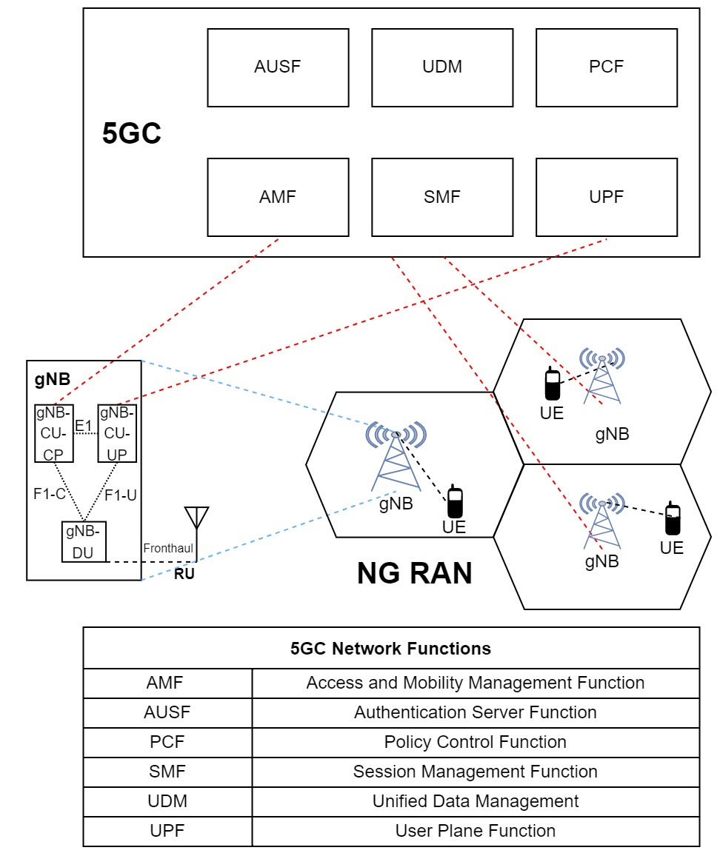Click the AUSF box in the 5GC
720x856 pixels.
pyautogui.click(x=278, y=67)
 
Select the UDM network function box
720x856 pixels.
pyautogui.click(x=441, y=67)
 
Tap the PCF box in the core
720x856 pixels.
pyautogui.click(x=606, y=67)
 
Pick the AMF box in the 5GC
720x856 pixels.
pyautogui.click(x=278, y=197)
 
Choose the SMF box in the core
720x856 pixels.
pyautogui.click(x=441, y=197)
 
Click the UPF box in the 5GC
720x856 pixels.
pyautogui.click(x=606, y=197)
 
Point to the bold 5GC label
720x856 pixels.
pyautogui.click(x=132, y=135)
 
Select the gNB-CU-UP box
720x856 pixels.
pyautogui.click(x=117, y=433)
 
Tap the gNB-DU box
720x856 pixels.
pyautogui.click(x=84, y=542)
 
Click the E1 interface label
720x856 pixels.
pyautogui.click(x=83, y=425)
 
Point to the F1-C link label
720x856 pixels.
pyautogui.click(x=49, y=494)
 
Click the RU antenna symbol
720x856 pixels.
pyautogui.click(x=196, y=518)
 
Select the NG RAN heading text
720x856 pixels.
pyautogui.click(x=414, y=573)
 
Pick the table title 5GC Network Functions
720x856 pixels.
pyautogui.click(x=390, y=649)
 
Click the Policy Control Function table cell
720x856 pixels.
pyautogui.click(x=475, y=742)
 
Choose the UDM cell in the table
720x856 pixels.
pyautogui.click(x=167, y=801)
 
